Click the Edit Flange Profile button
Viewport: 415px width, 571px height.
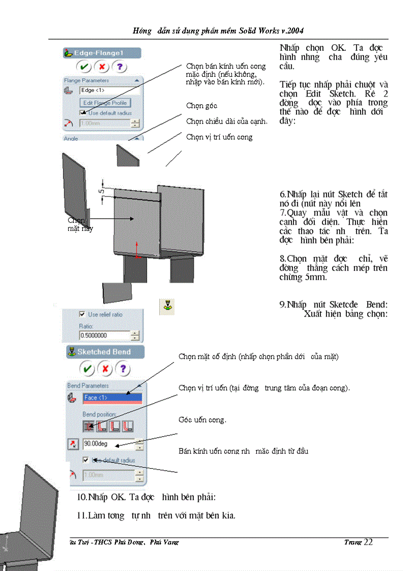pos(105,103)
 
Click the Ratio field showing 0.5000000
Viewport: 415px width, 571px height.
pos(105,336)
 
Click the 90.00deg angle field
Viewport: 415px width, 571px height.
pos(108,444)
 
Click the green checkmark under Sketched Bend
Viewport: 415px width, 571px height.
pos(87,369)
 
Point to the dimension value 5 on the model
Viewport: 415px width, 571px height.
pos(101,191)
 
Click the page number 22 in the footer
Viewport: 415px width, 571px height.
pos(368,542)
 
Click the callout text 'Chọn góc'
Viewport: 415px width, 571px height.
pos(201,106)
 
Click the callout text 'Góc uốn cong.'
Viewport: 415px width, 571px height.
pos(202,420)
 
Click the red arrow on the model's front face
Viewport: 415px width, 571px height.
pos(136,249)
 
